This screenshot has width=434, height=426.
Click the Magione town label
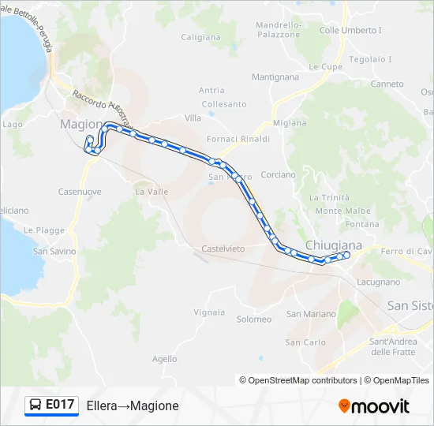(x=81, y=125)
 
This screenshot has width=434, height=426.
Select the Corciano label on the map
(x=278, y=174)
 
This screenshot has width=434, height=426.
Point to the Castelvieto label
(x=223, y=248)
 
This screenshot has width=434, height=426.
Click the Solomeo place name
(x=254, y=319)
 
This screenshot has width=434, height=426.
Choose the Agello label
(x=164, y=358)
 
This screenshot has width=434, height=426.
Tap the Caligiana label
(x=201, y=37)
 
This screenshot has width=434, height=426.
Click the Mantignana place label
(x=275, y=77)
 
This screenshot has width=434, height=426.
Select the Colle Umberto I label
(x=350, y=31)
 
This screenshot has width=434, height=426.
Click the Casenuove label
(x=80, y=192)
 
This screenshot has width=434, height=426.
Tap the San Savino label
(x=54, y=251)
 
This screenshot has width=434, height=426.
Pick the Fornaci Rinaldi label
(x=238, y=139)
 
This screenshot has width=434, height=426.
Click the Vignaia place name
(x=209, y=312)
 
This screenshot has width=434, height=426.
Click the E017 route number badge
(x=60, y=405)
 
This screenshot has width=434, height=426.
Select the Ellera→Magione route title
(x=133, y=405)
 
